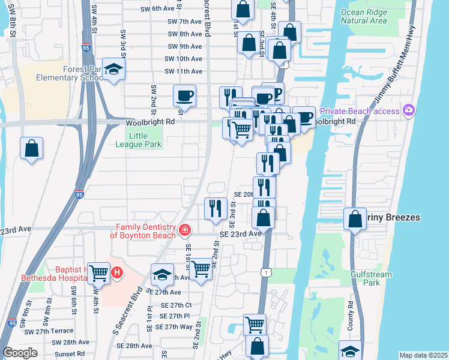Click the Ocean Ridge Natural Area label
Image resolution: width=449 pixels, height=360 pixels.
[364, 16]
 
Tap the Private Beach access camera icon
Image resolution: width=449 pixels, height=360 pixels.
[409, 110]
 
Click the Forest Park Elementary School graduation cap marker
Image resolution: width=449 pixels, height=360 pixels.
[113, 70]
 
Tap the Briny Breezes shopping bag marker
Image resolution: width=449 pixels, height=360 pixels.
[355, 219]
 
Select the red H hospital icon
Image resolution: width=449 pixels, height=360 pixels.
[117, 272]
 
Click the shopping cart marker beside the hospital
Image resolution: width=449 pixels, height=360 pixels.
[98, 272]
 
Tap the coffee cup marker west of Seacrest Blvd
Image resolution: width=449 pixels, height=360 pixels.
[184, 96]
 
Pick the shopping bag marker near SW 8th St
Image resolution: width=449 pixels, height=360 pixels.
[31, 148]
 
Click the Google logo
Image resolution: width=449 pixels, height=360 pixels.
[20, 353]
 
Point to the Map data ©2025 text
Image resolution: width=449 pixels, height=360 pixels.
[423, 355]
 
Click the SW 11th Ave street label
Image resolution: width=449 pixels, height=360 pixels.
[184, 71]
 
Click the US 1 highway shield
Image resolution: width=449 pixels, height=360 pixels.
[265, 273]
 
